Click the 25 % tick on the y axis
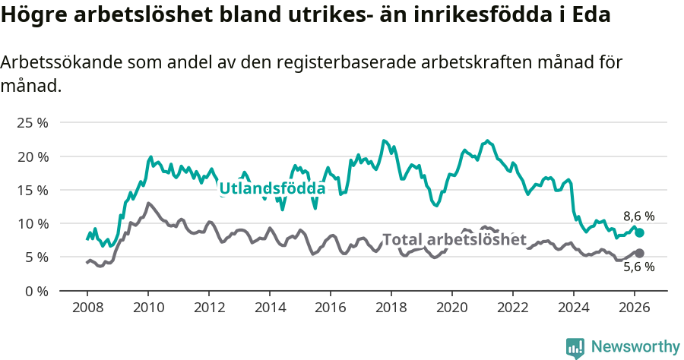pos(31,122)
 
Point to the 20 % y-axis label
pos(31,156)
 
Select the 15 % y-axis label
pos(31,190)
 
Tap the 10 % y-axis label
pos(31,223)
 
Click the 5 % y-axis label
pos(35,257)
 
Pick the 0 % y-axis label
pos(35,291)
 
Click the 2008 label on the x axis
pos(87,308)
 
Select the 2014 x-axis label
pos(269,308)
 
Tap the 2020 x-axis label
pos(451,308)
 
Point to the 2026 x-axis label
pos(634,308)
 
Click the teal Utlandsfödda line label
pos(272,188)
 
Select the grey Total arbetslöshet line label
pos(454,240)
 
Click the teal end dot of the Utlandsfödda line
pos(639,233)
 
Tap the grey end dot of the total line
pos(639,253)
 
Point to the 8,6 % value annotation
pos(638,216)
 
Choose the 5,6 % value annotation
pos(638,267)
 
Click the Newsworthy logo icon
pos(575,347)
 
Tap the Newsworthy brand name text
pos(635,347)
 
